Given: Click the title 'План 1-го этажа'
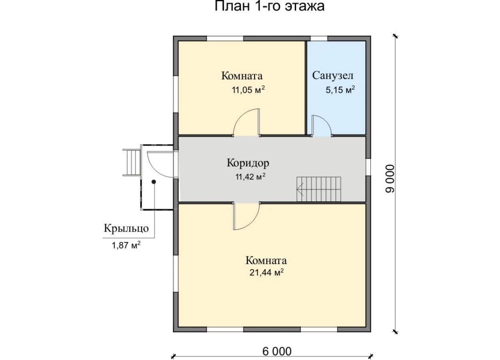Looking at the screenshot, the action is [269, 6].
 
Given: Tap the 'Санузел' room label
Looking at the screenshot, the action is [332, 76].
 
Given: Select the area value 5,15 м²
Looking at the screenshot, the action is [340, 90].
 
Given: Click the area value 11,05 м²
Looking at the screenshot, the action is [248, 90].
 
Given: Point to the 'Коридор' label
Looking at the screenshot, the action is [248, 163].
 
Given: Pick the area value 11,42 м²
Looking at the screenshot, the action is [250, 177].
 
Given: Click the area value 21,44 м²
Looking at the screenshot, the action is [266, 272].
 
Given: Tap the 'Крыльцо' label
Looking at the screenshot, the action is [126, 229].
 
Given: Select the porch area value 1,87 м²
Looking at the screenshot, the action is [126, 245].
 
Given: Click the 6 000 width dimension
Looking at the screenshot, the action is [277, 352].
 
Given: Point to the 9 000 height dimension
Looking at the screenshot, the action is [390, 178].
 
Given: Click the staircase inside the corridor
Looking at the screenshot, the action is [319, 189].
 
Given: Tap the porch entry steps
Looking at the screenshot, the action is [132, 162].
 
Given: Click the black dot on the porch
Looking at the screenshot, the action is [154, 182].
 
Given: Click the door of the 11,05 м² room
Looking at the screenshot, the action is [246, 122].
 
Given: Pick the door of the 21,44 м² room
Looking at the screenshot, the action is [246, 216].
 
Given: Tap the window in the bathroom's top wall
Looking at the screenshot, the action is [319, 38].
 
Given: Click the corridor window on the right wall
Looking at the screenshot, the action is [368, 167].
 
